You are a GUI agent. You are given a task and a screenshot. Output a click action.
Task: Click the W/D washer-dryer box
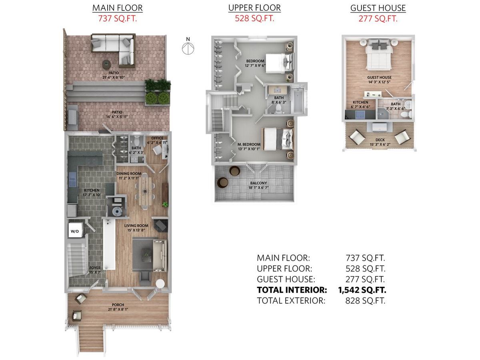pos(75,231)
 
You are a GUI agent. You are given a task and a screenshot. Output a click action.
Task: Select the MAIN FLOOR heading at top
pos(117,8)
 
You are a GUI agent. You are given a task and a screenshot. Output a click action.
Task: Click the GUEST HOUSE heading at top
pos(378,8)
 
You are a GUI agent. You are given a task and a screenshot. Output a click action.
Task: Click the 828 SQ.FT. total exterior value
pos(365,301)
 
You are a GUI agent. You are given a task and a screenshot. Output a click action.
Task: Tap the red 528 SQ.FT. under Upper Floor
pos(254,18)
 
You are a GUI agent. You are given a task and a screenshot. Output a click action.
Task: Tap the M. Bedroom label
pos(249,144)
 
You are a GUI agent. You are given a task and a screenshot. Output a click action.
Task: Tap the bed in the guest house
pos(378,56)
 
